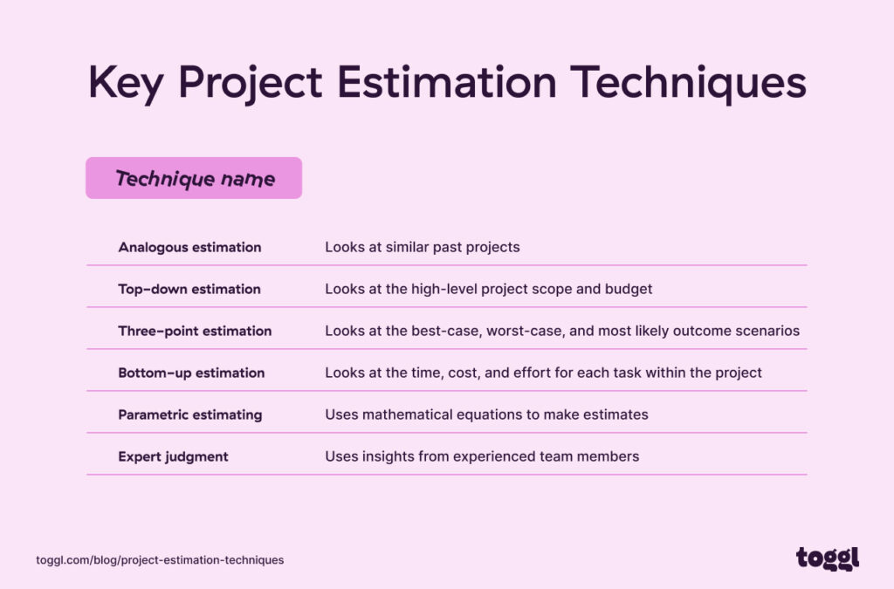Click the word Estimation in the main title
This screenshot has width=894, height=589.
pyautogui.click(x=446, y=84)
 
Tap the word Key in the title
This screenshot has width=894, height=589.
pyautogui.click(x=127, y=84)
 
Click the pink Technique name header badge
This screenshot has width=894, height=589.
pyautogui.click(x=194, y=179)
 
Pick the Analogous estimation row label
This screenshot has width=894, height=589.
pyautogui.click(x=189, y=247)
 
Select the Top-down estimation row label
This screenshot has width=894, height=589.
pyautogui.click(x=189, y=289)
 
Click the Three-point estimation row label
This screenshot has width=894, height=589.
pyautogui.click(x=195, y=331)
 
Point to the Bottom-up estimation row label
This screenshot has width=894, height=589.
pyautogui.click(x=191, y=373)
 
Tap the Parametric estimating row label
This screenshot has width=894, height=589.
pyautogui.click(x=190, y=414)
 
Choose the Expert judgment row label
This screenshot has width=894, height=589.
pyautogui.click(x=173, y=456)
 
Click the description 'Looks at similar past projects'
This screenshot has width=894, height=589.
pyautogui.click(x=423, y=247)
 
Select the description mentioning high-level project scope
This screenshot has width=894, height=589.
pyautogui.click(x=489, y=289)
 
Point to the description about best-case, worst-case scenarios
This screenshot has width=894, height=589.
pyautogui.click(x=562, y=331)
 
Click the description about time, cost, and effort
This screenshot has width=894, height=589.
pyautogui.click(x=543, y=373)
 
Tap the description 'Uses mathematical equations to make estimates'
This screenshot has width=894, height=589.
pyautogui.click(x=486, y=414)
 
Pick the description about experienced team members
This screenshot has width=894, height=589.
pyautogui.click(x=482, y=456)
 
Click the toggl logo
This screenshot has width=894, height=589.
pyautogui.click(x=828, y=558)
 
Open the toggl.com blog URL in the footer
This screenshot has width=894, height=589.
pyautogui.click(x=160, y=559)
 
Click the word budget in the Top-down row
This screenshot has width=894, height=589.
pyautogui.click(x=630, y=289)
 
